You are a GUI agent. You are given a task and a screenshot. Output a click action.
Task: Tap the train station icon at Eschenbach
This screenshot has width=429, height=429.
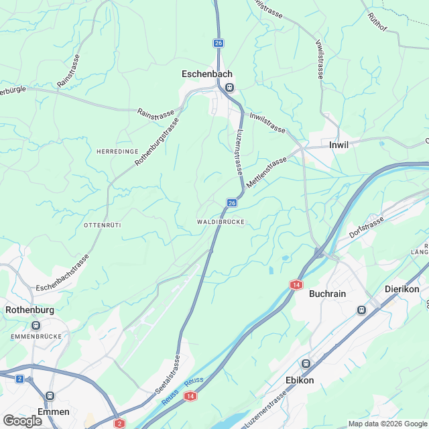coord(229,87)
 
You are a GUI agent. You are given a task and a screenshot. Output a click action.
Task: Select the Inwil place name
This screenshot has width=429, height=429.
coord(339,145)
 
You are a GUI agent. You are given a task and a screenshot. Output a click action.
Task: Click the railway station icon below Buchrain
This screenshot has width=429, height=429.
coord(362,310)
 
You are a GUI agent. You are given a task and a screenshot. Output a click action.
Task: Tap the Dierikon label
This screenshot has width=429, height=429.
coord(402,289)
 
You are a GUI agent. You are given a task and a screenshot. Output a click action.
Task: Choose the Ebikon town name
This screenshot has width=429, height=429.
coord(300,380)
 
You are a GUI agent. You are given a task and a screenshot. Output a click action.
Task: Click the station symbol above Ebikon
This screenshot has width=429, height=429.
coord(306,363)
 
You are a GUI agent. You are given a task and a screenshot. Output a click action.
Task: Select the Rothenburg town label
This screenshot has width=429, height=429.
coord(29,310)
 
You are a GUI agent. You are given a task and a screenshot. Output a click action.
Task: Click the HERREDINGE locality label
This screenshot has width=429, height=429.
coord(117,151)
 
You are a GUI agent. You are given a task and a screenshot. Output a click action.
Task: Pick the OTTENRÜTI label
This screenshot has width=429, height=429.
coord(103,224)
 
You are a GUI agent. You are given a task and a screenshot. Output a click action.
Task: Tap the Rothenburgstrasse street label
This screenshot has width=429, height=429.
coord(158,142)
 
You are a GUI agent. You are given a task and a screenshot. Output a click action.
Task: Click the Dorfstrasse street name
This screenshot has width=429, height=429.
coord(367,228)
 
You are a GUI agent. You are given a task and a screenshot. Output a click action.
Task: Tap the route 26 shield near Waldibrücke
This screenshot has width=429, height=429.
coord(232,202)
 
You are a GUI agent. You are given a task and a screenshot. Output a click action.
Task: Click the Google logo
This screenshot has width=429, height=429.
coord(22,420)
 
